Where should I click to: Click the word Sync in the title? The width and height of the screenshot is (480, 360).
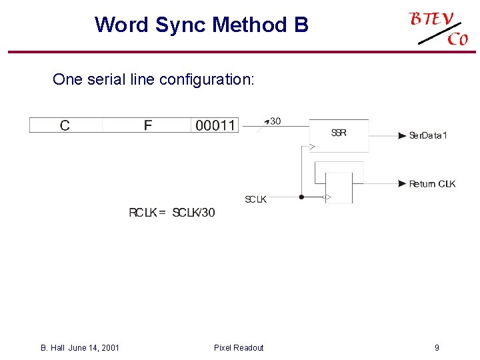[x=181, y=25]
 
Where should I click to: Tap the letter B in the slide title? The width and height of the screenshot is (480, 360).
[x=300, y=25]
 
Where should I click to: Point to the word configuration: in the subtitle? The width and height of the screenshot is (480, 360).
[x=206, y=80]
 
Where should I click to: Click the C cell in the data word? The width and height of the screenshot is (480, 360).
[x=65, y=125]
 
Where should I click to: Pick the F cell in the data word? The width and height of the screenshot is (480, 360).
[x=147, y=125]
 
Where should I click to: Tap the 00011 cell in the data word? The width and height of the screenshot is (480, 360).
[x=215, y=125]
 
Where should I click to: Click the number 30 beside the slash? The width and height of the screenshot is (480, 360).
[x=275, y=121]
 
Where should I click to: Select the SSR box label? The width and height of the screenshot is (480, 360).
[x=339, y=133]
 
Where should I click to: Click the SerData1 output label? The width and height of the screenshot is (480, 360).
[x=428, y=136]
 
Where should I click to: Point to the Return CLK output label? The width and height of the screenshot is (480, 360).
[x=432, y=184]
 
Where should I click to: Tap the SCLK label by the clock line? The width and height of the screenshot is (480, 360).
[x=255, y=199]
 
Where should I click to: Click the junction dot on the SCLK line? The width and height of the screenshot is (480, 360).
[x=301, y=197]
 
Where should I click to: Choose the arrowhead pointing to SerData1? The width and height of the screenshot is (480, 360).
[x=402, y=136]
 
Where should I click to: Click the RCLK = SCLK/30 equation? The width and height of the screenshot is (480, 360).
[x=172, y=213]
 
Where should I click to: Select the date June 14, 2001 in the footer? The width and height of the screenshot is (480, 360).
[x=94, y=347]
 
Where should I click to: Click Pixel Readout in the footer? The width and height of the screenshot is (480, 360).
[x=239, y=347]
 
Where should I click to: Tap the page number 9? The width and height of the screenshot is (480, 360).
[x=437, y=347]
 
